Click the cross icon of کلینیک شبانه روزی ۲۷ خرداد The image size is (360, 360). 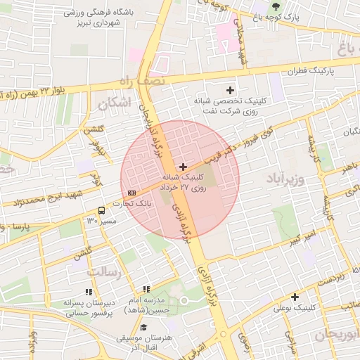pos(184,167)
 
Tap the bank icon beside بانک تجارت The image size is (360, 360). pos(132,193)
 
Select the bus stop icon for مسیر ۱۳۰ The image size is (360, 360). pos(102,210)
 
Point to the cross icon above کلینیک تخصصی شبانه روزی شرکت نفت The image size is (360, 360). pos(230,89)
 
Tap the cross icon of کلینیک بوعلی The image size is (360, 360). pos(295,297)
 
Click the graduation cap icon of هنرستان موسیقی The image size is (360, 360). pos(143,327)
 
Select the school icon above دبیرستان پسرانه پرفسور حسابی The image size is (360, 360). pos(89,291)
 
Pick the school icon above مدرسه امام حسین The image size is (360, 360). pos(146,289)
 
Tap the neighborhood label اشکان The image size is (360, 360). pos(115,103)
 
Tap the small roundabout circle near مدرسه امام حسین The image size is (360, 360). pos(185,300)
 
